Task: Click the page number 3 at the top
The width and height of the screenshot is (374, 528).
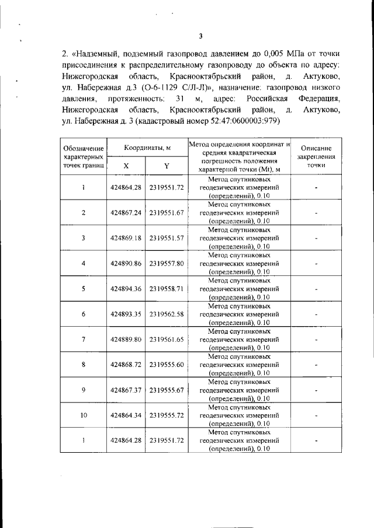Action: [x=200, y=36]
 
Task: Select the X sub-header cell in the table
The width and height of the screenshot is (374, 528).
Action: [x=127, y=166]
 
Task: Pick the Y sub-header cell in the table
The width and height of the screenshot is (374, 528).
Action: [x=167, y=166]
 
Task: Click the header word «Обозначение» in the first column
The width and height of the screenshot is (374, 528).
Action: [x=84, y=149]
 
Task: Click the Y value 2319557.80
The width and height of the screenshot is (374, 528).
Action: [x=167, y=263]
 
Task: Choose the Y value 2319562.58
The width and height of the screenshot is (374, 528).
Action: [x=167, y=314]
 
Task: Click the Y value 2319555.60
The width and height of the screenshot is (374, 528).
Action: [x=167, y=364]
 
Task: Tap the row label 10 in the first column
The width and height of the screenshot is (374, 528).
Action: [x=84, y=415]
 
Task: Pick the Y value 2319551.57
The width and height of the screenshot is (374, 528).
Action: [x=167, y=238]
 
